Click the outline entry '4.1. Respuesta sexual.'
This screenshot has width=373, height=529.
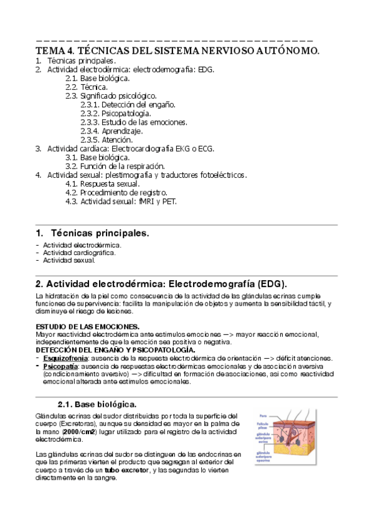(102, 184)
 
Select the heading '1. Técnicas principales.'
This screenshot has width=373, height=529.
(93, 233)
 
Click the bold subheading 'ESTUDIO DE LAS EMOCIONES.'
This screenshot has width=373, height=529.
(87, 327)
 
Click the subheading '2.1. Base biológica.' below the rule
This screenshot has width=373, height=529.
(97, 404)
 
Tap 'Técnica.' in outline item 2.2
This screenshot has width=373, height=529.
(94, 87)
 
